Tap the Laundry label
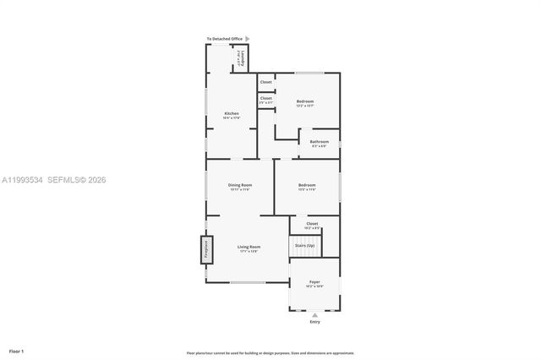point(243,58)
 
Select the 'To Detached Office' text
point(225,39)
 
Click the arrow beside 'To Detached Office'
point(247,39)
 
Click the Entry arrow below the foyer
point(315,314)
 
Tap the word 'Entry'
point(315,322)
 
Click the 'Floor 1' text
point(17,350)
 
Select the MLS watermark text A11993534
point(21,180)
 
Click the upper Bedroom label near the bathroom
point(305,101)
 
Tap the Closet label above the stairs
point(312,225)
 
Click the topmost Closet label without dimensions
point(265,82)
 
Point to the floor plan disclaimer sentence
point(270,353)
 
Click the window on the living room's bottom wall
point(247,282)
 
